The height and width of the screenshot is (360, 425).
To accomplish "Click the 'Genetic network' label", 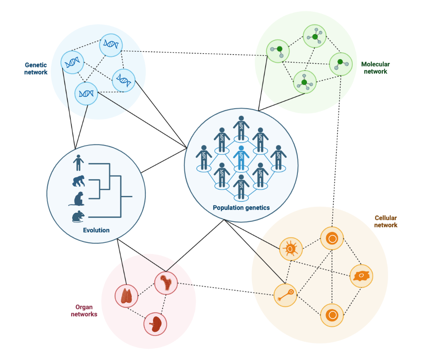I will [x=36, y=69].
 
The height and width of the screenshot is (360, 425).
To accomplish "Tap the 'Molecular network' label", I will [x=375, y=68].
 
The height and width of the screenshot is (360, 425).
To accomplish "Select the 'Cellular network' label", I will [x=385, y=222].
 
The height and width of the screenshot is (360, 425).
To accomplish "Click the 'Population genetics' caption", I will [x=241, y=208].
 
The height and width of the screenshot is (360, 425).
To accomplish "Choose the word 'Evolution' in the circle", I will [x=96, y=230].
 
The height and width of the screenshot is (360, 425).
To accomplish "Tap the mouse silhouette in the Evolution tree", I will [x=78, y=216].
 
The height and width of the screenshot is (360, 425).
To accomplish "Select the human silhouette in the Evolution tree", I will [x=78, y=162].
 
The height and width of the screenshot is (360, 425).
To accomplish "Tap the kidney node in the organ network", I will [x=155, y=324].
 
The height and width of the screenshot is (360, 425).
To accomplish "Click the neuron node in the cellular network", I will [x=285, y=295].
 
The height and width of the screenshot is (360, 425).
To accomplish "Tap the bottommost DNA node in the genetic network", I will [x=86, y=93].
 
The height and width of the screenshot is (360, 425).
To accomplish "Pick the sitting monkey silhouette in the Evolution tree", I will [x=80, y=199].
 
